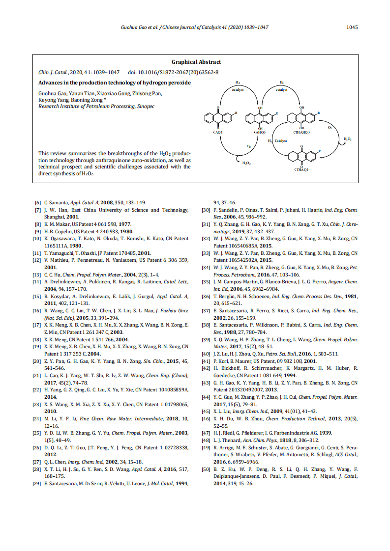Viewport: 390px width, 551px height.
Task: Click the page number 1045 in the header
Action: pos(352,28)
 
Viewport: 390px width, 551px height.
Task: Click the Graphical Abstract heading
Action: pos(196,62)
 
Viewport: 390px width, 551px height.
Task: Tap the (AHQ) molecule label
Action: pos(260,133)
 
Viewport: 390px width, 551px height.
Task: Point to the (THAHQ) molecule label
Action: pos(301,133)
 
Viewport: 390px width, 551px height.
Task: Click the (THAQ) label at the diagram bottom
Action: pos(301,169)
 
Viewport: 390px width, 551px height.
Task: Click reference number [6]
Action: pos(37,202)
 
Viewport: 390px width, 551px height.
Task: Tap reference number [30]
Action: pos(207,210)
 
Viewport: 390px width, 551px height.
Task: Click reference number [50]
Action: pos(207,470)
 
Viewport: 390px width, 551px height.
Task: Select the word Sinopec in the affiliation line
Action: pos(146,106)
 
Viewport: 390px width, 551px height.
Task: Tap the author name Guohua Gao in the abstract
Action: pos(52,93)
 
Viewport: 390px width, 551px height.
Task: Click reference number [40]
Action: pos(207,354)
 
